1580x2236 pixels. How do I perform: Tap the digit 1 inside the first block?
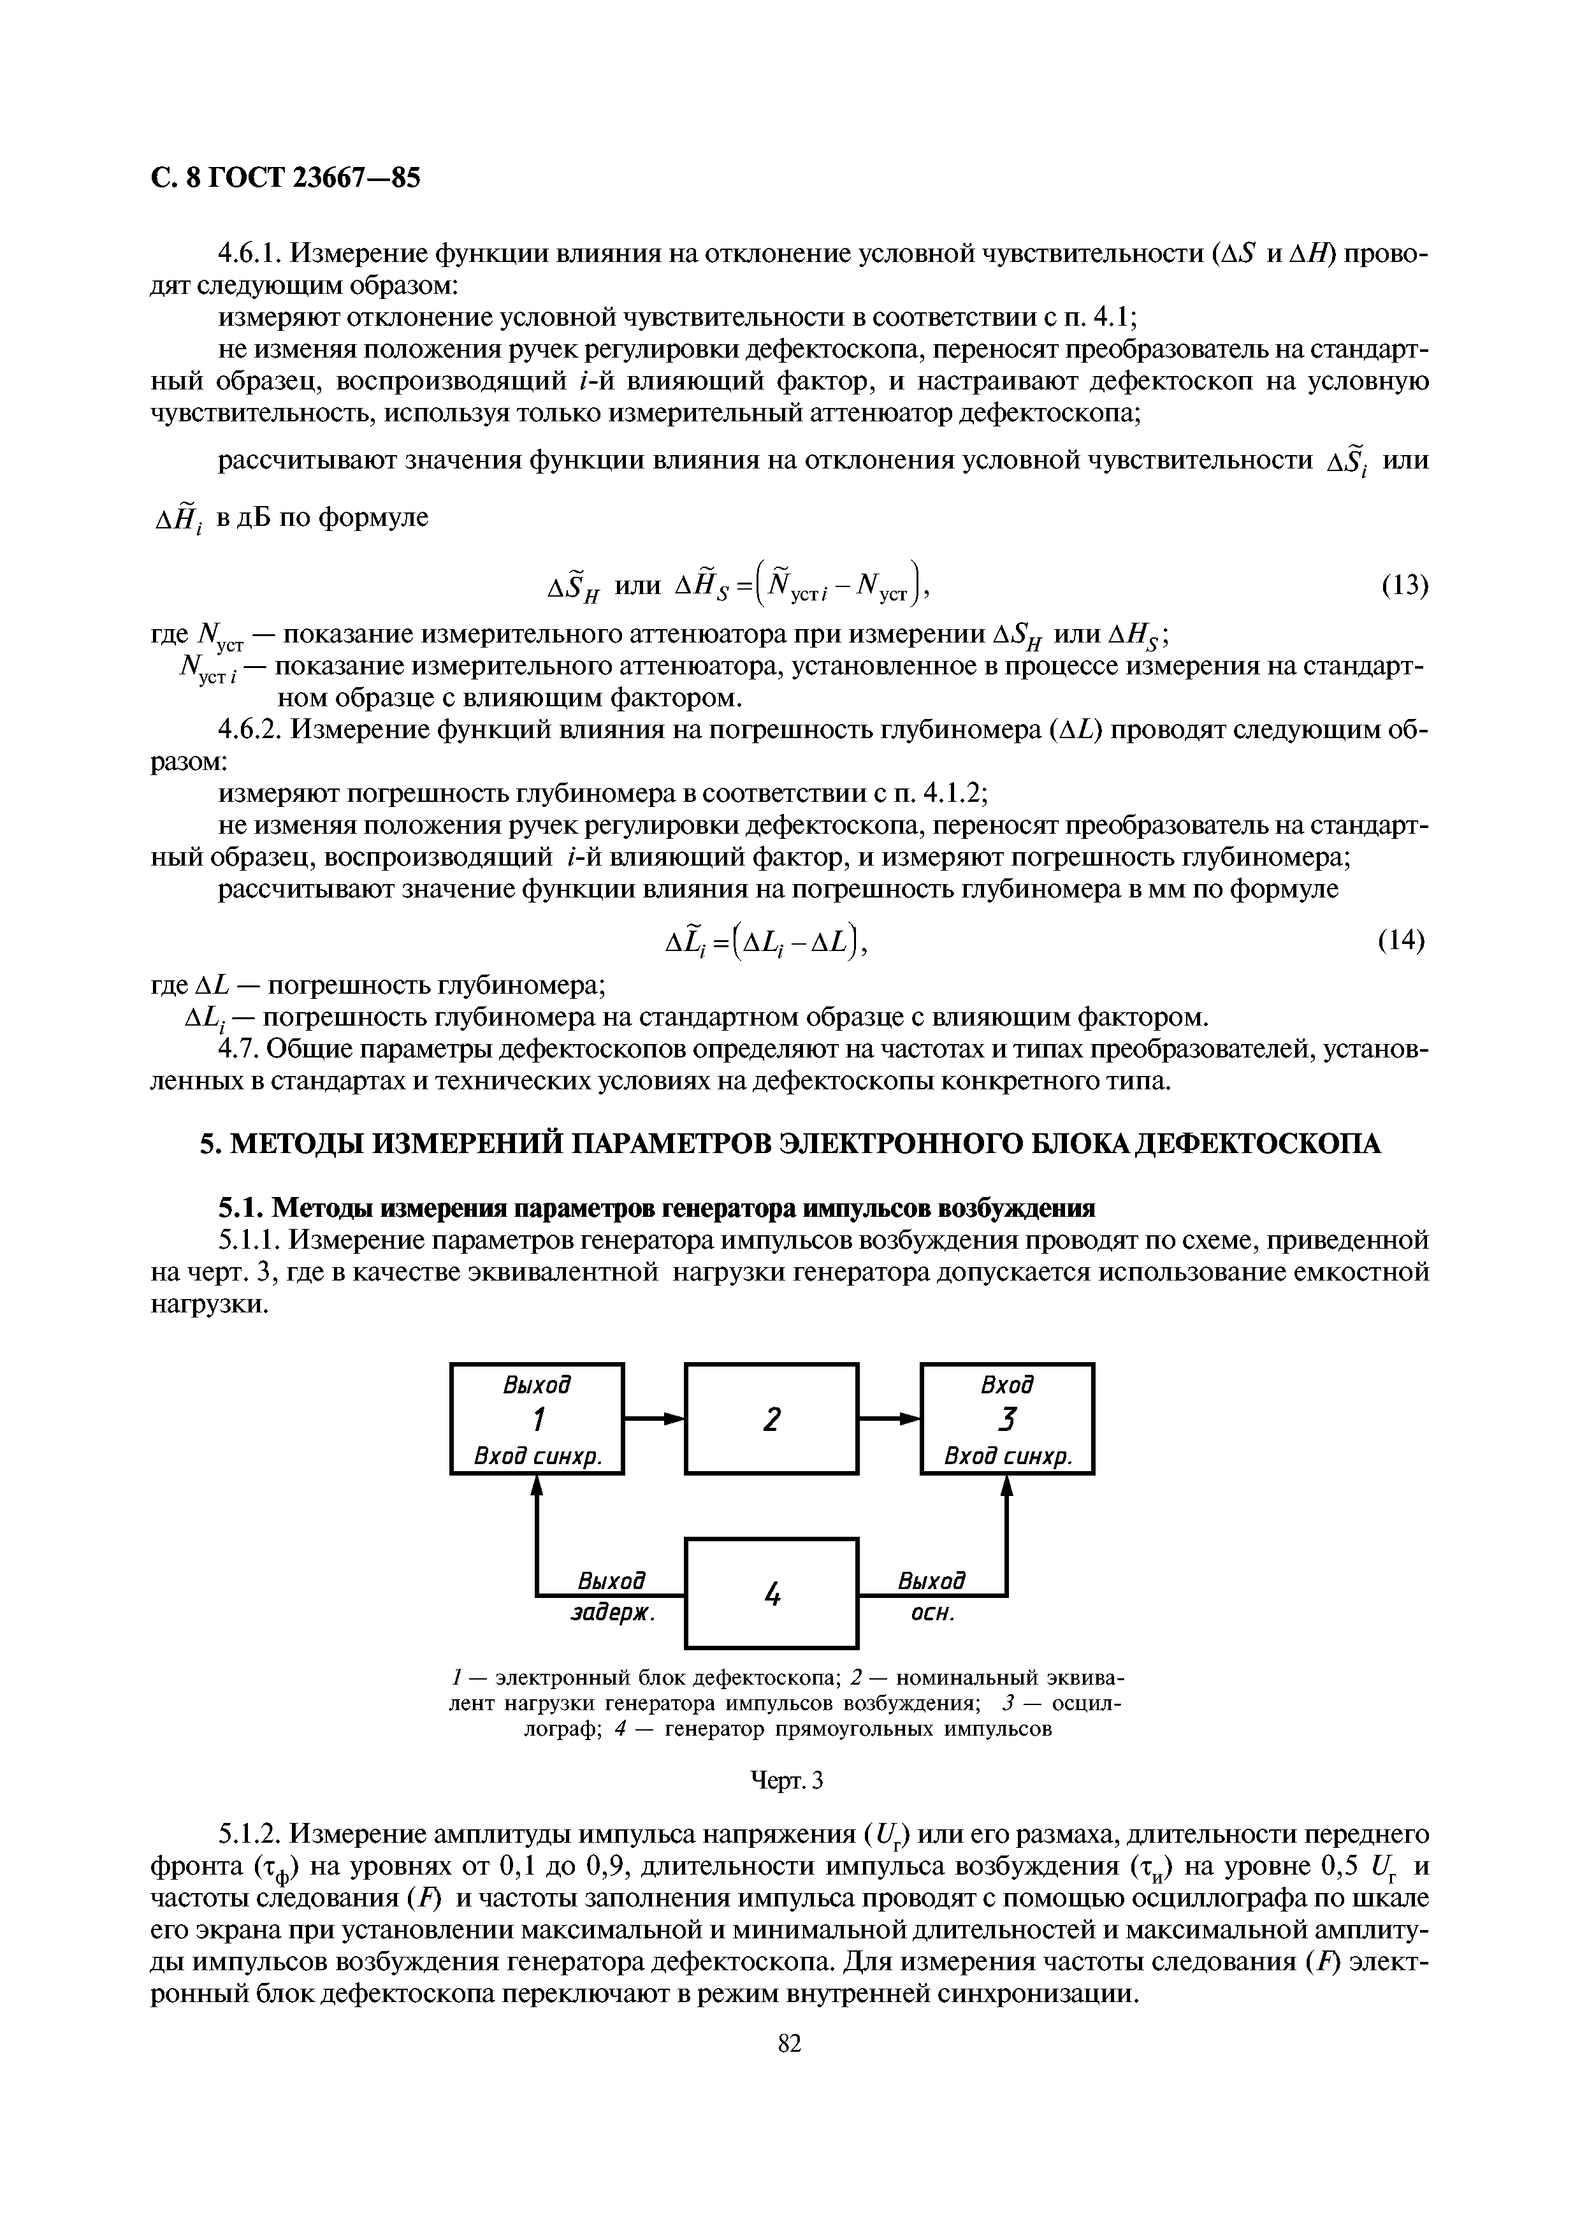tap(537, 1419)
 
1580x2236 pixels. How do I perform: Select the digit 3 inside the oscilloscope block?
tap(1008, 1419)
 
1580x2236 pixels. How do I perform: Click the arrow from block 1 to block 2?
tap(654, 1419)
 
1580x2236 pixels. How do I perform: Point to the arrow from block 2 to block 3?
tap(889, 1419)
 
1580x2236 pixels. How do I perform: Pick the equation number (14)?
tap(1402, 941)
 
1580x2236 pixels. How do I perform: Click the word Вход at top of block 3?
tap(1008, 1384)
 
